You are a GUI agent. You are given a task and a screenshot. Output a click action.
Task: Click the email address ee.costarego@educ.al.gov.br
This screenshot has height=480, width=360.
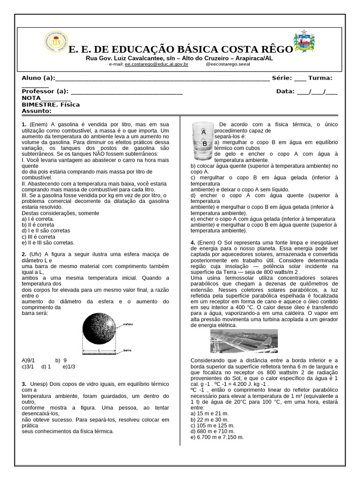[x=156, y=64]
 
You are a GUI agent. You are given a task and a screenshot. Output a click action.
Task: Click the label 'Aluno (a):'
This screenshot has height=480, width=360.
[x=38, y=78]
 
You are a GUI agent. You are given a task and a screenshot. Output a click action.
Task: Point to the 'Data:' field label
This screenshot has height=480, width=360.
[x=285, y=91]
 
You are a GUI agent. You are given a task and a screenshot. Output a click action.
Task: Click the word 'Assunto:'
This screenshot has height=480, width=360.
[x=37, y=111]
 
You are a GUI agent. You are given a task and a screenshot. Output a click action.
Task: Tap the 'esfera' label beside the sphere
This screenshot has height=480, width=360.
[x=128, y=324]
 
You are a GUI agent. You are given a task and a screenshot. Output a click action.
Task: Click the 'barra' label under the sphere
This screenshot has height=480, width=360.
[x=127, y=350]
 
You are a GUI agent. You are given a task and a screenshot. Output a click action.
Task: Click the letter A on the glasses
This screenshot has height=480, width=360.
[x=203, y=132]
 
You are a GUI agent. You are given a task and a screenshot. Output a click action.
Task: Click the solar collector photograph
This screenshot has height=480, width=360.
[x=244, y=341]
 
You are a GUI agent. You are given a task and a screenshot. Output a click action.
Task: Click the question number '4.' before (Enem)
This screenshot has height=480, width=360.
[x=193, y=242]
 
